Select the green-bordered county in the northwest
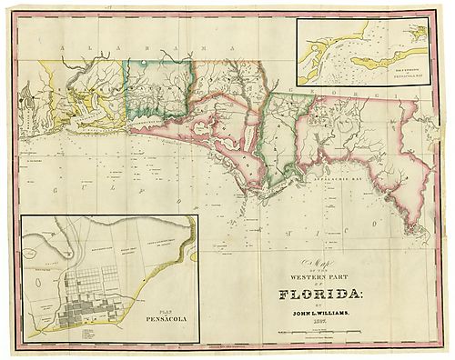tap(160, 88)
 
